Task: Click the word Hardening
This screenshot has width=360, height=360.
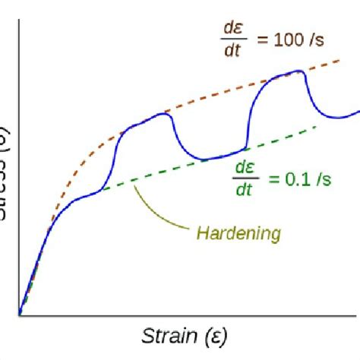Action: pos(238,232)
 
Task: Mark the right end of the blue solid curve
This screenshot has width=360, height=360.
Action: pos(358,112)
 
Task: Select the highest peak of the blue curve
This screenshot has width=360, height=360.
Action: pos(299,72)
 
